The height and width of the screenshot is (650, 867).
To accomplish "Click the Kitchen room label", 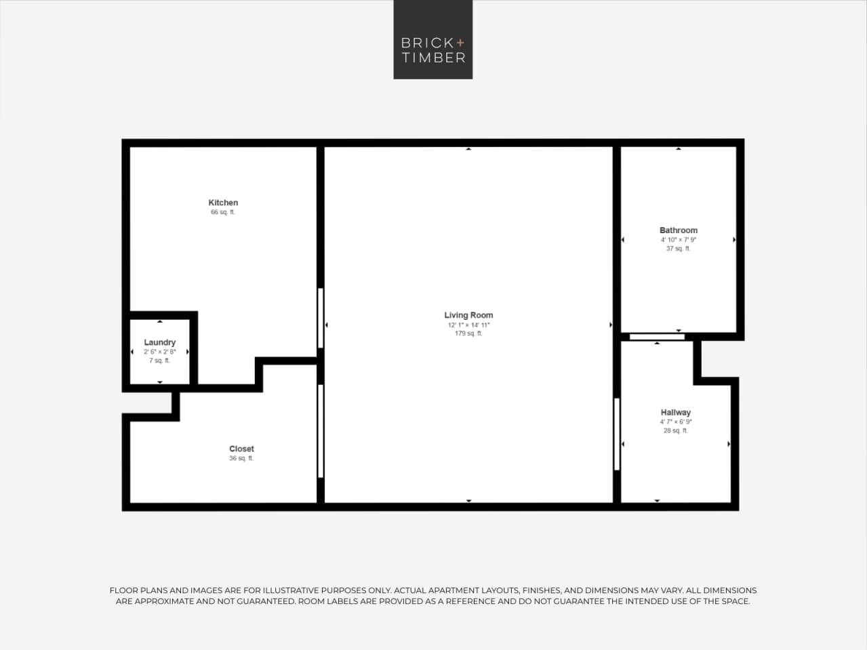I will coord(223,203).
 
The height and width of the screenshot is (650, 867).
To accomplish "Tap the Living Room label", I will coord(468,315).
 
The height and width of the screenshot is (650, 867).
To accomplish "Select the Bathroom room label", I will coord(678,230).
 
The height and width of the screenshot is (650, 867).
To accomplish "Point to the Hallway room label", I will coord(675,412).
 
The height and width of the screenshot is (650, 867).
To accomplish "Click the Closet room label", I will coord(241,449).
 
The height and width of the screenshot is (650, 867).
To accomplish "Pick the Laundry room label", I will coord(159,342).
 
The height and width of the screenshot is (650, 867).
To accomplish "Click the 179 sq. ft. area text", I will coord(468,333).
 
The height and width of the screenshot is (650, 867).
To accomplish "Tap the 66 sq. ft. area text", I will coord(223,212).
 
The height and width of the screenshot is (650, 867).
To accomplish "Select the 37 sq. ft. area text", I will coord(678,249).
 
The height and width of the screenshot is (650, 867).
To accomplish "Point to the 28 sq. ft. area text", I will coord(675,430).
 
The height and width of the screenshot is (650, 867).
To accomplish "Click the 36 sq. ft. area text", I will coord(241,458).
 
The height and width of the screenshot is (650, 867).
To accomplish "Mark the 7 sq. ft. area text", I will coord(159,361).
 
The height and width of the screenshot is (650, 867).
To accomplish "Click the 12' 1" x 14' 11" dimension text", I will coord(468,325).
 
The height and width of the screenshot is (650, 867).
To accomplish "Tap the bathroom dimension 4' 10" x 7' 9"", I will coord(678,240).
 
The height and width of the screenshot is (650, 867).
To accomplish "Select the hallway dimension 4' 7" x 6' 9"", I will coord(675,422).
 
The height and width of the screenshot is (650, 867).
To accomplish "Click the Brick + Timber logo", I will coord(432,40).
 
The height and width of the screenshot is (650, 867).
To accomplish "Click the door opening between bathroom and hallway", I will coord(656,336).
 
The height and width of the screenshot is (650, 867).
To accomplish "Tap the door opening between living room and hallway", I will coord(617,434).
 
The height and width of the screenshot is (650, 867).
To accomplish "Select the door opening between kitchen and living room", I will coord(321,318).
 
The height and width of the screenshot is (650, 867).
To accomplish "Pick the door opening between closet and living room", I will coord(321,431).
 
